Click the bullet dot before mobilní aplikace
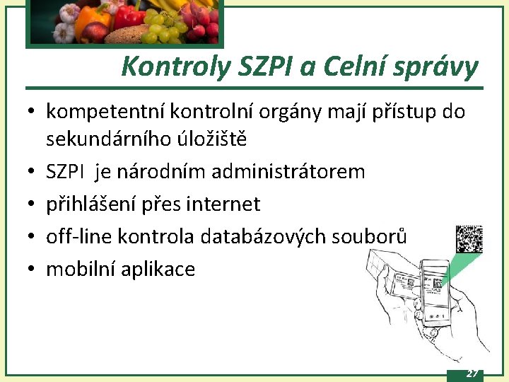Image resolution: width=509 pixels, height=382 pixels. (33, 270)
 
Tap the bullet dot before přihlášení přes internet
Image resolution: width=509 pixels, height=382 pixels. (33, 204)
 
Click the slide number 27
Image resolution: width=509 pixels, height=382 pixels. (472, 374)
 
